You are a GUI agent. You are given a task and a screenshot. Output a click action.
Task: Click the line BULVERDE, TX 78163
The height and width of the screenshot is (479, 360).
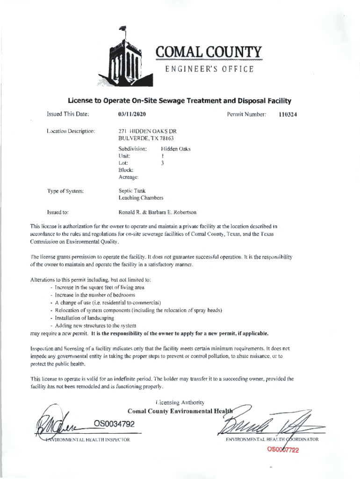coord(146,138)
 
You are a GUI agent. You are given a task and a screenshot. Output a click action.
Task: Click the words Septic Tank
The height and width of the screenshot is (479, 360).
coord(133,191)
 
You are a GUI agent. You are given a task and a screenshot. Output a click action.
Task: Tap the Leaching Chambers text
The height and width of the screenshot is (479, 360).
coord(141,198)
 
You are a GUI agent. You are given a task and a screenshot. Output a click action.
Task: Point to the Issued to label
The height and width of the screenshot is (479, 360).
coord(58,212)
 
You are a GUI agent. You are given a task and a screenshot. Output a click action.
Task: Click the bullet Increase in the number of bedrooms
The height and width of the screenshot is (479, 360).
coord(95,295)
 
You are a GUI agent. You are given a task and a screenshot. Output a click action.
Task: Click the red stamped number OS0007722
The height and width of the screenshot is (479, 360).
coord(283,450)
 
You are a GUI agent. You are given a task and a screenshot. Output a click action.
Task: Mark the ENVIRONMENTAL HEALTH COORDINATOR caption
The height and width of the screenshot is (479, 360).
coord(272,440)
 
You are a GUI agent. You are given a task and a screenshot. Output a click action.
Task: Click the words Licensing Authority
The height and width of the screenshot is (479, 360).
coord(180,402)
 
